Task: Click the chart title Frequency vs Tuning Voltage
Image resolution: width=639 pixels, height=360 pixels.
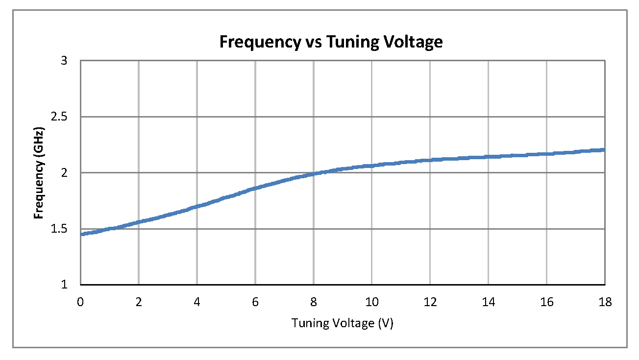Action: coord(331,42)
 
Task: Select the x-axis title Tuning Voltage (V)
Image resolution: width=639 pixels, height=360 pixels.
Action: coord(343,323)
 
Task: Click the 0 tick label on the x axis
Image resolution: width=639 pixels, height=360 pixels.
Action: coord(80,302)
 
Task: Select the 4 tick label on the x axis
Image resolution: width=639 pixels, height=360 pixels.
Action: coord(197,302)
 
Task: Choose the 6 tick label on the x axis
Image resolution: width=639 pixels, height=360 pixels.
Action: coord(255,302)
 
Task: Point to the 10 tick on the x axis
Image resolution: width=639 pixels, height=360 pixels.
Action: coord(372,302)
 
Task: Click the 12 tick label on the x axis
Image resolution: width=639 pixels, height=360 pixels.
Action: coord(430,302)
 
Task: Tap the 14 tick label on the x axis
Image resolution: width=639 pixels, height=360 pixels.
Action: coord(489,302)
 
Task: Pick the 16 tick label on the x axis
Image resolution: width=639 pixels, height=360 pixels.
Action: coord(547,302)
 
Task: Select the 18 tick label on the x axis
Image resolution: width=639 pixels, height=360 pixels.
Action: coord(605,302)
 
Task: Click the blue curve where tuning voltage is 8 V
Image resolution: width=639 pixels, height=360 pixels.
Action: coord(314,173)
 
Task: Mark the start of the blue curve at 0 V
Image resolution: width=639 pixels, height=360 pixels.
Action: coord(81,234)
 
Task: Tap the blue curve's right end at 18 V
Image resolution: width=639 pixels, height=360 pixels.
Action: coord(604,150)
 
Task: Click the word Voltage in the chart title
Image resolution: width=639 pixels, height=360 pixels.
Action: coord(413,42)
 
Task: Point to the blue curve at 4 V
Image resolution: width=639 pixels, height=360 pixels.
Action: coord(197,206)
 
